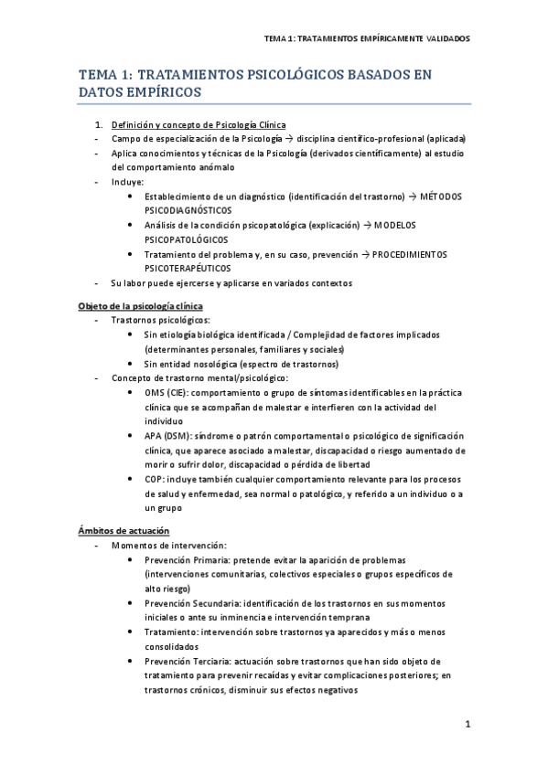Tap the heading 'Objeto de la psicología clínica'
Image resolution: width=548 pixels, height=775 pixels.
point(140,305)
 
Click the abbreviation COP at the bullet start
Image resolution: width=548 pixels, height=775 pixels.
point(155,479)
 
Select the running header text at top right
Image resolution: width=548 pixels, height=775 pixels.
point(366,39)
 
